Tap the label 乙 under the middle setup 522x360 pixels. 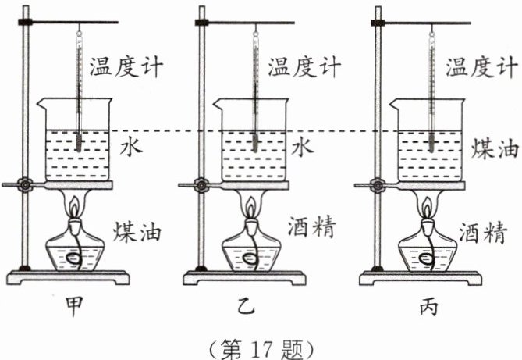[x=251, y=305]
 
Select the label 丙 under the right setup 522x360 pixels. [x=428, y=305]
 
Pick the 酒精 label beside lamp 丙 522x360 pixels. [x=490, y=232]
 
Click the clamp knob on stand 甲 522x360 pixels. [x=26, y=185]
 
